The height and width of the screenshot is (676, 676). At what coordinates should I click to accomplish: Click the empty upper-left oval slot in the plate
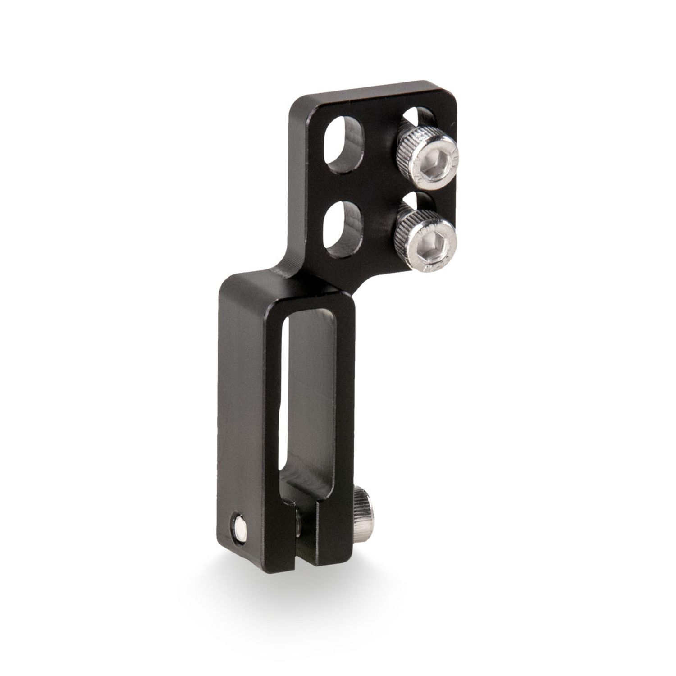tap(343, 147)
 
